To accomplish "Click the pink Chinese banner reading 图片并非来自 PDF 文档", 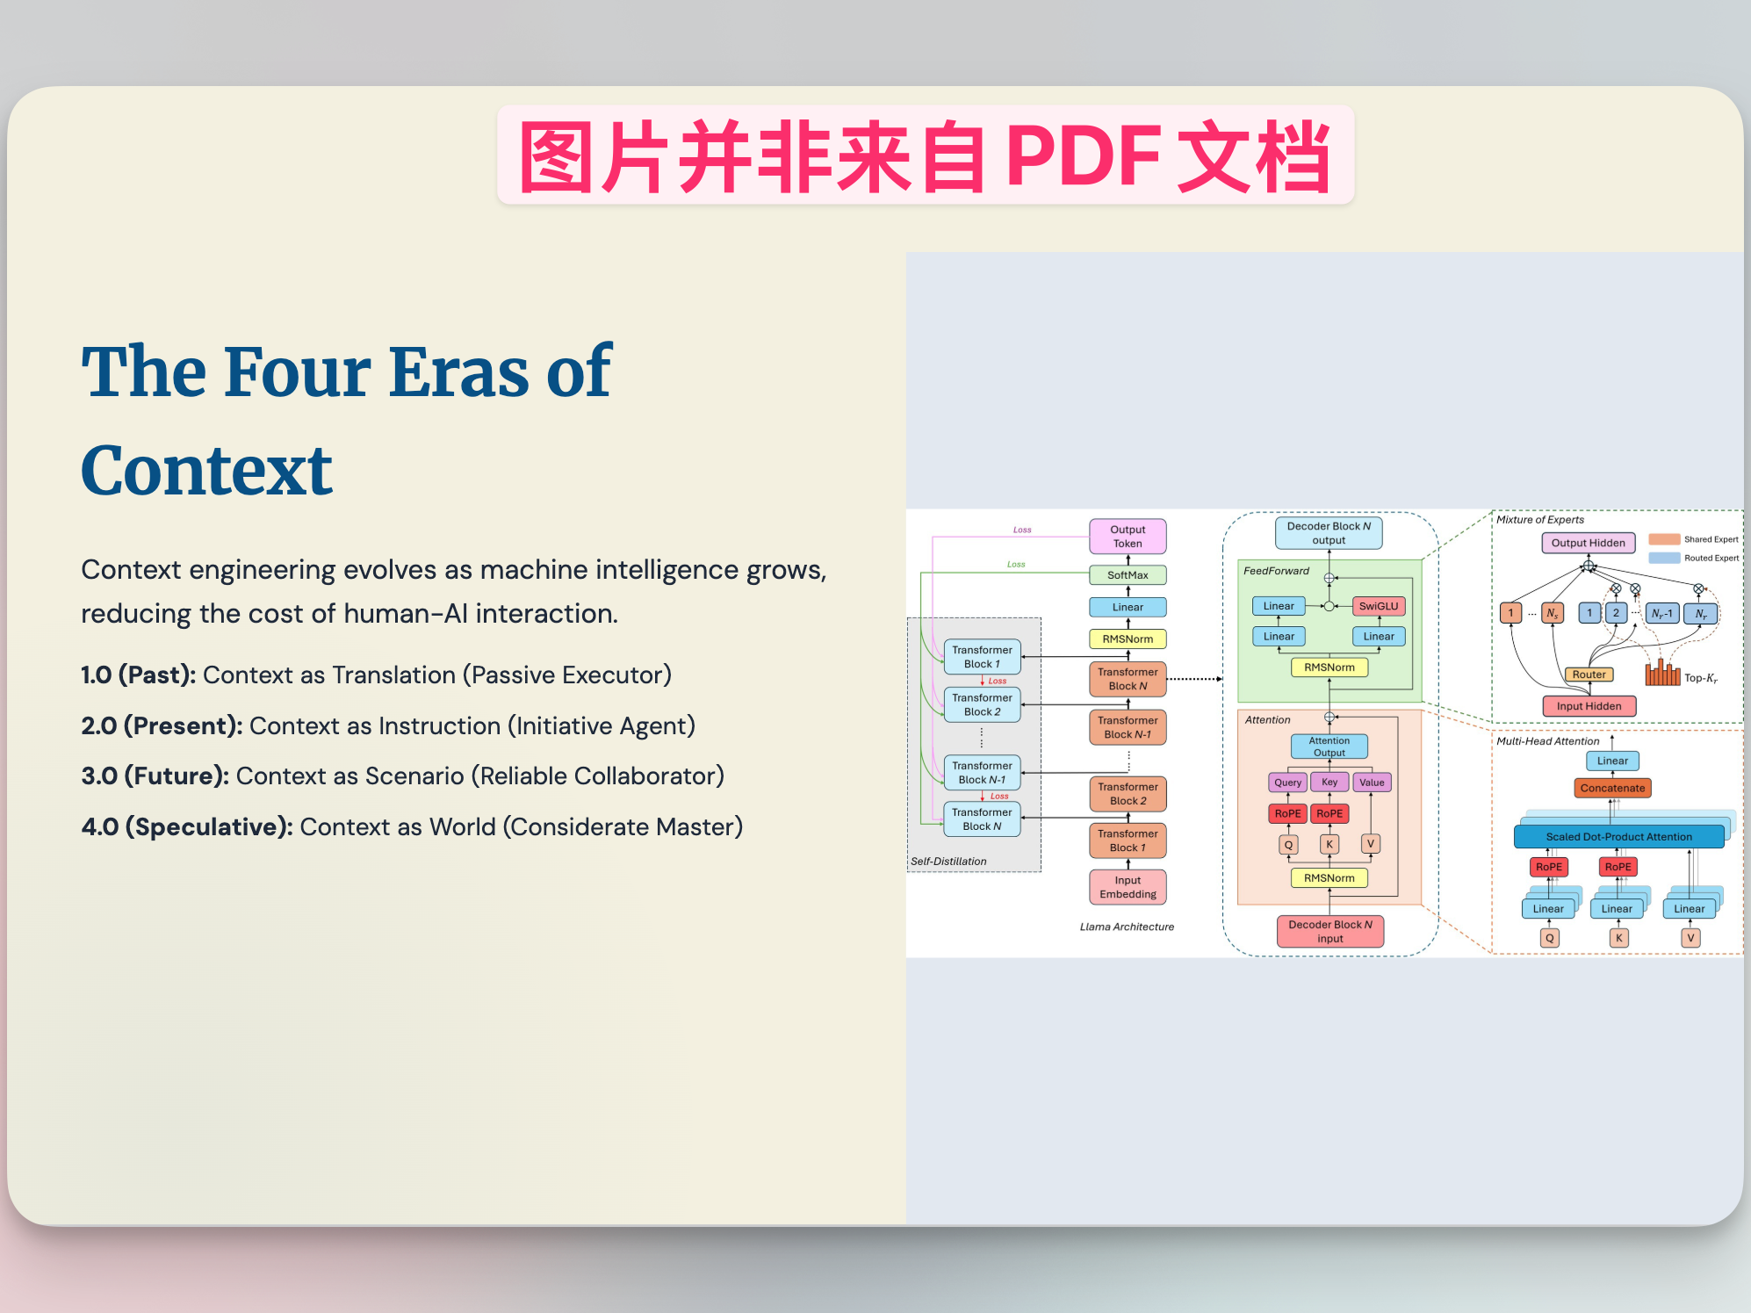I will (x=925, y=155).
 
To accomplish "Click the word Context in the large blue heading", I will (x=207, y=472).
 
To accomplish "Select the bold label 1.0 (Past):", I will (x=138, y=675).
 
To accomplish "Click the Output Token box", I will (x=1128, y=536).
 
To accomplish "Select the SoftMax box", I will (x=1128, y=575).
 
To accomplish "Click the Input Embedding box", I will (x=1128, y=887).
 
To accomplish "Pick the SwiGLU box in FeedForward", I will (x=1378, y=606).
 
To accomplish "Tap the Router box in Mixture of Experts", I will (x=1589, y=675).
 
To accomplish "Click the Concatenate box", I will (x=1612, y=788).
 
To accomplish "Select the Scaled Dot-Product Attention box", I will (x=1618, y=837).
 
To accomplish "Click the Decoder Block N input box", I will (x=1329, y=931).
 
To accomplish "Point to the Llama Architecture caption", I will (x=1127, y=927).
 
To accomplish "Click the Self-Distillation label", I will (x=948, y=861).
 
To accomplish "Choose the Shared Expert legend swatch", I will (x=1664, y=539).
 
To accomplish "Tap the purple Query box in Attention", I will (x=1287, y=783).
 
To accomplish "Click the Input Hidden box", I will (x=1589, y=706).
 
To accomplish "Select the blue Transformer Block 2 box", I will (x=982, y=704).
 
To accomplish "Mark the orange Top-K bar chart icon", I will (x=1661, y=674).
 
